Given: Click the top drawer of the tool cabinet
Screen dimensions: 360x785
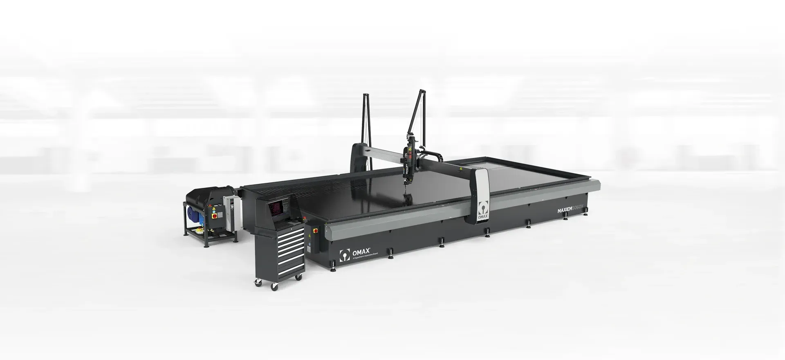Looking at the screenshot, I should tap(291, 233).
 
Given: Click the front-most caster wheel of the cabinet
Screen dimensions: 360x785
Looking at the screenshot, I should tap(275, 288).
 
